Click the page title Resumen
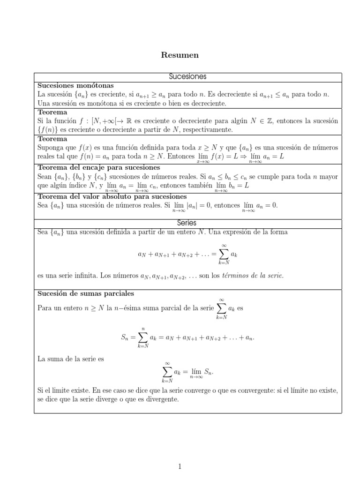tap(180, 55)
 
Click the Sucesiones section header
tap(187, 77)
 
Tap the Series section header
tap(187, 223)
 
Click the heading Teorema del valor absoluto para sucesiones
tap(112, 196)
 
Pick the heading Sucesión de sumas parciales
tap(86, 294)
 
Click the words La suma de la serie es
tap(70, 359)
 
